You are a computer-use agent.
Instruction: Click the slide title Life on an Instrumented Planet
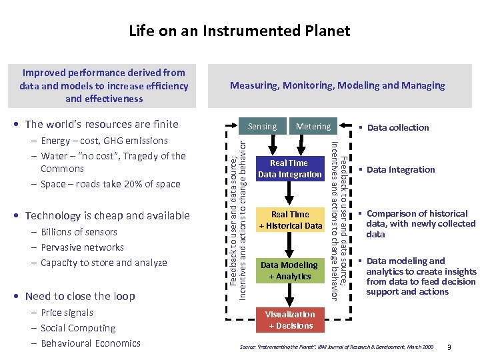[x=239, y=31]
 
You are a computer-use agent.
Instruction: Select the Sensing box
[x=263, y=126]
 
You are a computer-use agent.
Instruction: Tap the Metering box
[x=313, y=126]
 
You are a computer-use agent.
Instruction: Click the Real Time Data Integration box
[x=289, y=169]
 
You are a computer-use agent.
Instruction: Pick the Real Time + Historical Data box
[x=289, y=220]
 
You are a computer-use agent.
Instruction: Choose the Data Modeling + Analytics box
[x=289, y=271]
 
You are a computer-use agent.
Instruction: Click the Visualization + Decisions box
[x=289, y=320]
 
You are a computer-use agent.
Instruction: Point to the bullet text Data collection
[x=397, y=127]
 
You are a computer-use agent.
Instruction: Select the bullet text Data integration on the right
[x=400, y=169]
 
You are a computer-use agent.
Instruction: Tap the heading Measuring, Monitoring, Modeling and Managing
[x=337, y=85]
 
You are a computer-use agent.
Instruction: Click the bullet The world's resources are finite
[x=101, y=124]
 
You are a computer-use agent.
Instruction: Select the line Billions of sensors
[x=79, y=232]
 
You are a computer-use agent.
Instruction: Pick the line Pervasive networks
[x=82, y=247]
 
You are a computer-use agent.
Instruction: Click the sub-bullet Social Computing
[x=78, y=328]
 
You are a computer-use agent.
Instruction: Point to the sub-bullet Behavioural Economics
[x=90, y=343]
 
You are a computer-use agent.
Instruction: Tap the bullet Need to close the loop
[x=79, y=296]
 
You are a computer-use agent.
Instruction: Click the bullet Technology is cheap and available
[x=107, y=215]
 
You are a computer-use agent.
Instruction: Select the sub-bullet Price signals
[x=67, y=313]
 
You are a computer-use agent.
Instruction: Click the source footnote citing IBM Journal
[x=336, y=347]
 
